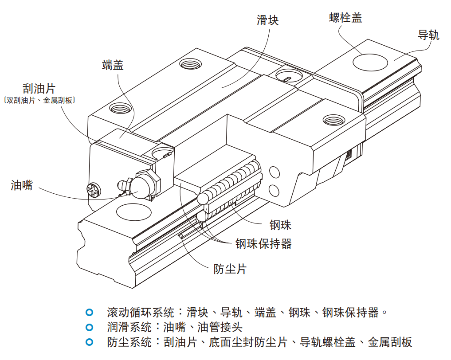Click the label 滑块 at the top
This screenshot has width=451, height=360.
pos(267,20)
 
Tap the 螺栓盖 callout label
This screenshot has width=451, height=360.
pos(345,18)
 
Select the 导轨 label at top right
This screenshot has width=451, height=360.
pos(428,35)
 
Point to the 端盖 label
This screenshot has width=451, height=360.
pos(113,66)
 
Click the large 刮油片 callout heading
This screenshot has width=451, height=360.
pos(39,88)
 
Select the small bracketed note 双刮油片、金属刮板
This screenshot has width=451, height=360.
pos(39,101)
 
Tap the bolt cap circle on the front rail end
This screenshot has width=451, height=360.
pos(134,211)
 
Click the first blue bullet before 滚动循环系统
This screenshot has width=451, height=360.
pos(89,313)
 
